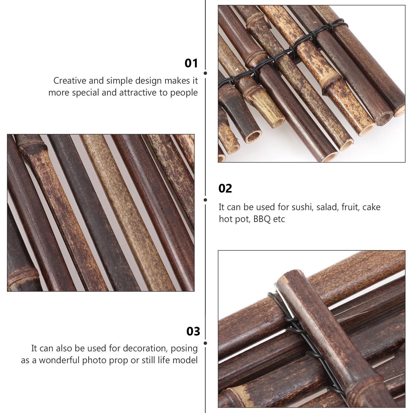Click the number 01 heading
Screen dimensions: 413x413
191,63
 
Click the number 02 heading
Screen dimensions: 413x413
225,188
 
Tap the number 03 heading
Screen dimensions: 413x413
193,331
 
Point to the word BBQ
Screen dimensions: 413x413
262,219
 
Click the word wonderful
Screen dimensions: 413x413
59,360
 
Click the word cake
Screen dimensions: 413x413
371,207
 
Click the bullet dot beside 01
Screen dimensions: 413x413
205,73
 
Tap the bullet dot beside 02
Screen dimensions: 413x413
205,200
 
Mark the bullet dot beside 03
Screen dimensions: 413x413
205,343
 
